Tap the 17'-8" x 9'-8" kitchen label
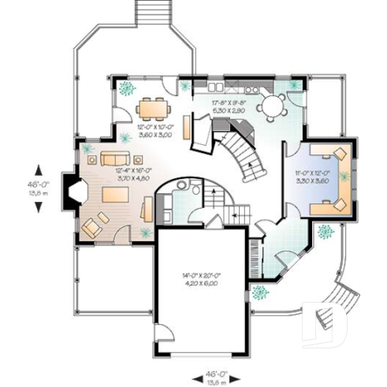coord(230,107)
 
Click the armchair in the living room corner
coord(91,227)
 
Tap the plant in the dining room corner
coord(126,89)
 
